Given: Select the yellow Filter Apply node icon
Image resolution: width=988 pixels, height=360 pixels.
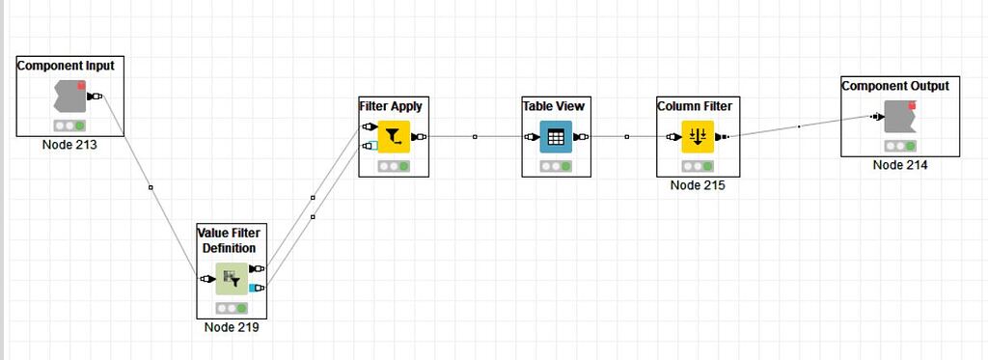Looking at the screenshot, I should tap(394, 137).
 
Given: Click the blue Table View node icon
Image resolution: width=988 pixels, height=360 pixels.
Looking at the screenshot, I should tap(556, 137).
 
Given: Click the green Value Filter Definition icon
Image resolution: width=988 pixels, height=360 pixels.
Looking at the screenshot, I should tap(231, 279).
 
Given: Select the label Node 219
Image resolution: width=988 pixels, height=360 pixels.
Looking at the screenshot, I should tap(232, 327).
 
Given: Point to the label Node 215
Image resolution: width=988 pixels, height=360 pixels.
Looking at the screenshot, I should tap(697, 185).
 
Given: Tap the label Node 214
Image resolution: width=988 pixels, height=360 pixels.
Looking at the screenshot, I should tap(900, 165).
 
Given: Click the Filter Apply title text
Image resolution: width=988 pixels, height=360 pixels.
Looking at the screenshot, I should tap(391, 106).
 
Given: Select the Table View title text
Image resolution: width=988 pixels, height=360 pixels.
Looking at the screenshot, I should tap(554, 106).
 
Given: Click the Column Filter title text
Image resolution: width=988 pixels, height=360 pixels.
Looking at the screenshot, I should tap(695, 106).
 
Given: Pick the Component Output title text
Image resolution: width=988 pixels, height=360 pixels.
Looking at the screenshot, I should tap(895, 86).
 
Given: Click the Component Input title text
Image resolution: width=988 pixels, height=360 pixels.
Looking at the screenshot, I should tap(66, 66).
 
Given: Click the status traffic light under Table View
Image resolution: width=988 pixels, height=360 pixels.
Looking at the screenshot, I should tap(556, 166).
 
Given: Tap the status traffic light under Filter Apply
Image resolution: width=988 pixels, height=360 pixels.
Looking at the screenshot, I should tap(394, 166).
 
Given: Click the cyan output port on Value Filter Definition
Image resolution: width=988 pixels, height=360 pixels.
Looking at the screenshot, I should tap(255, 288).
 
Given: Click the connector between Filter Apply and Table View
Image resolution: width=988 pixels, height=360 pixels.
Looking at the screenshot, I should tap(475, 137).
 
